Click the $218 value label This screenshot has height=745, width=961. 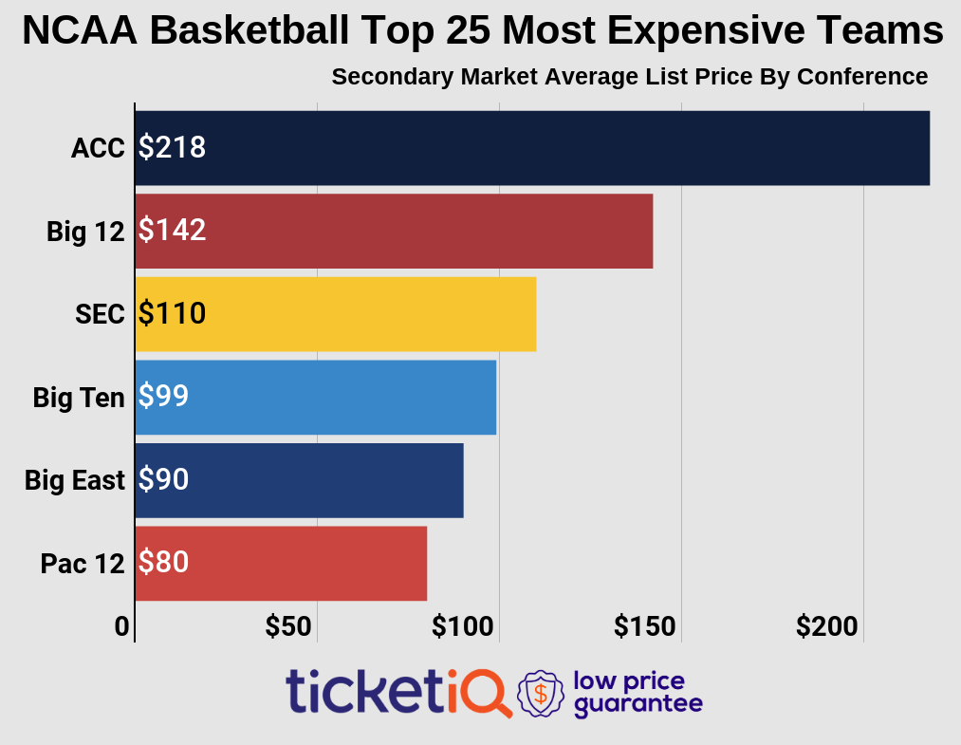click(x=172, y=148)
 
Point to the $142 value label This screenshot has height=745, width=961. click(x=172, y=231)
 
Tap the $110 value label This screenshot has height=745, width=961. click(x=172, y=314)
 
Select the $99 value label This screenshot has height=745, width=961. click(x=163, y=397)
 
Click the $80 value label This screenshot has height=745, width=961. click(x=163, y=563)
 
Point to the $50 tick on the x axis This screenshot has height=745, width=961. click(x=288, y=626)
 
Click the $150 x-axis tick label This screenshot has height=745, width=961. click(x=645, y=626)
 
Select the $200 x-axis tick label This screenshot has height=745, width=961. click(x=827, y=626)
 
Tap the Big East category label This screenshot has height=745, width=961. click(x=75, y=480)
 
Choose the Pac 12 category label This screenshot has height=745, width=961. click(x=83, y=564)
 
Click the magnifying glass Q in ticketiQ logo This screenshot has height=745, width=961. click(x=486, y=692)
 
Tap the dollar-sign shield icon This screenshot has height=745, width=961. click(x=540, y=693)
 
